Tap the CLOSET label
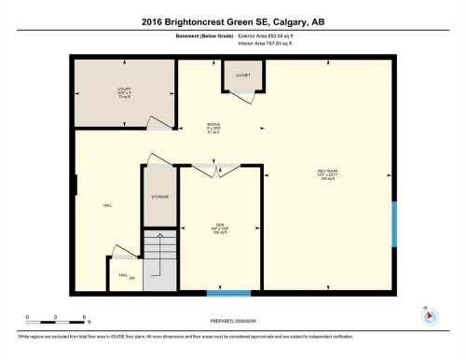(x=242, y=74)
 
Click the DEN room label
(x=218, y=225)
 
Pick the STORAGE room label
(x=159, y=198)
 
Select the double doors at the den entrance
(x=217, y=170)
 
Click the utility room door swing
(x=159, y=123)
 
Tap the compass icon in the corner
(x=429, y=314)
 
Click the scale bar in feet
(x=56, y=317)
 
